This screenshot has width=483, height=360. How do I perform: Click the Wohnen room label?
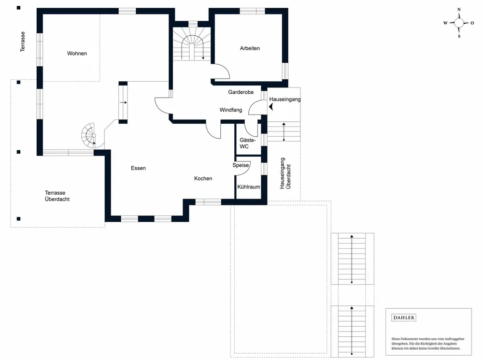(x=77, y=53)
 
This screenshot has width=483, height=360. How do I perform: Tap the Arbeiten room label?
(x=250, y=48)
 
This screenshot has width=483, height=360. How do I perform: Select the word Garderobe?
(x=241, y=92)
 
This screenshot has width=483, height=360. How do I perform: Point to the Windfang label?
(x=231, y=110)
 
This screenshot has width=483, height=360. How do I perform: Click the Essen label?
(x=138, y=168)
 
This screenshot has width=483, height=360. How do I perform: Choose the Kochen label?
(x=203, y=178)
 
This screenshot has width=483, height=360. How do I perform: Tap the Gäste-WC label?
(x=247, y=144)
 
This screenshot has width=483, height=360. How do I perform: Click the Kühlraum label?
(x=249, y=187)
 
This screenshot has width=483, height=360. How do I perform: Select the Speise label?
(x=241, y=165)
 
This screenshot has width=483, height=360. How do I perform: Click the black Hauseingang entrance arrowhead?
(x=271, y=107)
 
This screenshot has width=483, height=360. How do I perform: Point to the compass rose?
(x=459, y=23)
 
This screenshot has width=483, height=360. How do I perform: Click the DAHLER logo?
(x=404, y=317)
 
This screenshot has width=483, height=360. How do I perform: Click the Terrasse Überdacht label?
(x=57, y=196)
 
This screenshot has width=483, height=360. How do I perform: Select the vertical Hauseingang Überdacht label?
(x=285, y=173)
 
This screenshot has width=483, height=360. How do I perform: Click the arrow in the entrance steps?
(x=284, y=131)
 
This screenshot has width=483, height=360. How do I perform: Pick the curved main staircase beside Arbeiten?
(x=192, y=44)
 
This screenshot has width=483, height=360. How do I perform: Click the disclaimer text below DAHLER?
(x=427, y=344)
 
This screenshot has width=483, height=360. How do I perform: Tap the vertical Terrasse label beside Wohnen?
(x=23, y=42)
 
